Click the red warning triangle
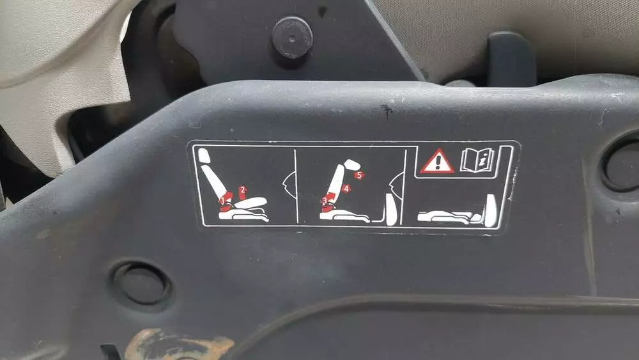point(437,161)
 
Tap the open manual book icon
point(477,160)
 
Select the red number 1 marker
point(222,201)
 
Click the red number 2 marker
point(243,189)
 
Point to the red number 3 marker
point(325,200)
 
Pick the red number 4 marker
point(346,189)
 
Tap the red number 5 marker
point(358,175)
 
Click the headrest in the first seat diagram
point(204,156)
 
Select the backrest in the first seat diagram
point(214,182)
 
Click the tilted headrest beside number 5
point(352,165)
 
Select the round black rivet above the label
point(292,38)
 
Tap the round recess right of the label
point(622,165)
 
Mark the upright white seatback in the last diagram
point(491,211)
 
